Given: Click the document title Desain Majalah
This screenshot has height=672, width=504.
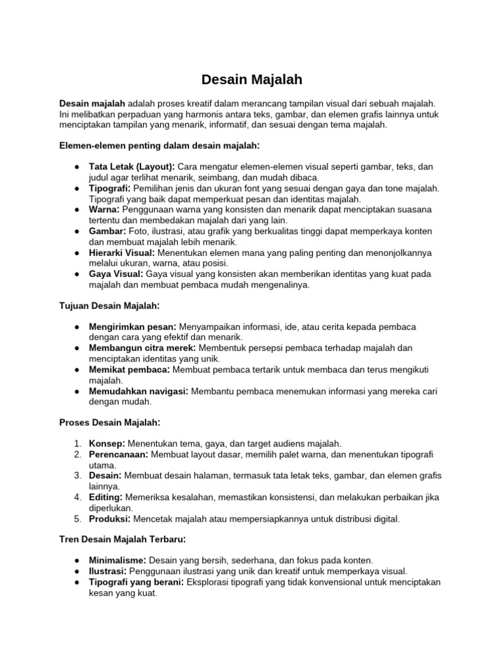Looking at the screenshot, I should pos(251,80).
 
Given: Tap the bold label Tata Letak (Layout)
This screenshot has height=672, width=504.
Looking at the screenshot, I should pos(131,167).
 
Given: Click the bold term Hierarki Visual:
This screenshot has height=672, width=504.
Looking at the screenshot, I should pos(122,252).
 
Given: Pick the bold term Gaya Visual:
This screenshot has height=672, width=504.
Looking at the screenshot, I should pos(116,274).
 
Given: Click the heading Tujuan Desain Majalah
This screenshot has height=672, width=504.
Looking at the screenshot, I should pos(110,305).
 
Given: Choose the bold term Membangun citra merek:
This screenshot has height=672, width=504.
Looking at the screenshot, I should pos(142,348).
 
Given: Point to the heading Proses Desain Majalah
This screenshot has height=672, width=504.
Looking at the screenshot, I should pos(110,423).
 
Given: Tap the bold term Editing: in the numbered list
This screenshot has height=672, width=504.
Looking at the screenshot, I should pos(106,497).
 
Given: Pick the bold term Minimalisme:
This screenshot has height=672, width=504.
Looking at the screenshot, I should pos(117,560).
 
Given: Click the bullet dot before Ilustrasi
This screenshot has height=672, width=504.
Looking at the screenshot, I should pos(77,572).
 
